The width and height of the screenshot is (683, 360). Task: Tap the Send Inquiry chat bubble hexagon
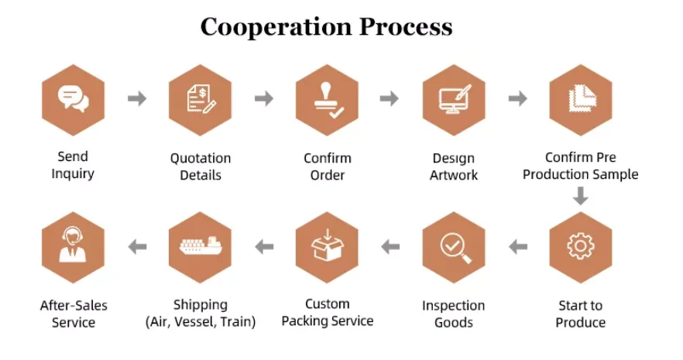[x=73, y=99]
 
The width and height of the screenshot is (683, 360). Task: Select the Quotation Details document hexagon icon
[x=200, y=99]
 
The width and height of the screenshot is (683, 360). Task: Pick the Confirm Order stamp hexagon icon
[x=327, y=99]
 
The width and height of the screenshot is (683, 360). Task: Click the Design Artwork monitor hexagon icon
[x=454, y=99]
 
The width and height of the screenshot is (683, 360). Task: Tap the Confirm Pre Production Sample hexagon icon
[x=580, y=99]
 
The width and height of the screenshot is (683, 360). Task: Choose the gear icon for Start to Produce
[x=580, y=246]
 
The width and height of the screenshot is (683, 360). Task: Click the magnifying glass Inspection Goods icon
[x=454, y=246]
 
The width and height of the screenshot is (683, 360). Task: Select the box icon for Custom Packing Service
[x=327, y=246]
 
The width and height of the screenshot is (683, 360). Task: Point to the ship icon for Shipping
[x=200, y=246]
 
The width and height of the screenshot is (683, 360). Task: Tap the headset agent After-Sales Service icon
[x=73, y=246]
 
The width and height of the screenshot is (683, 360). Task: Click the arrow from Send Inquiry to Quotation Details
[x=136, y=98]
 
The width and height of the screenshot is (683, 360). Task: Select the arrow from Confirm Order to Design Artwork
[x=390, y=98]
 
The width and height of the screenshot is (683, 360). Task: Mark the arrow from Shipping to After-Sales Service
[x=137, y=247]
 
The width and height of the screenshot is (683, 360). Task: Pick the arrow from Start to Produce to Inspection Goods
[x=517, y=247]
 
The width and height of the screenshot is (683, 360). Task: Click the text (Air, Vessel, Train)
[x=200, y=321]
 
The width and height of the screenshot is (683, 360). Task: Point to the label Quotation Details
[x=201, y=166]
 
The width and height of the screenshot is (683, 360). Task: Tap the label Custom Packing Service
[x=327, y=313]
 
